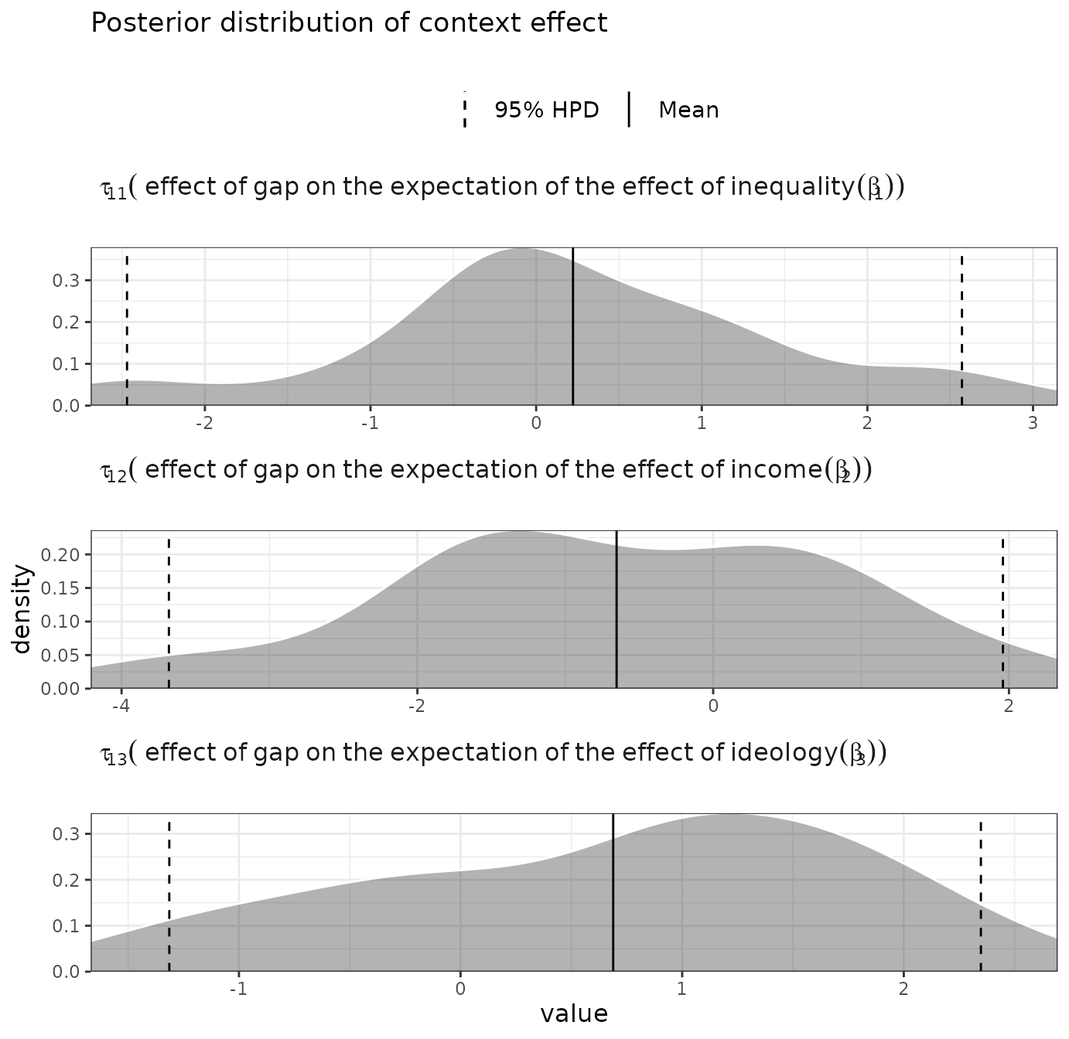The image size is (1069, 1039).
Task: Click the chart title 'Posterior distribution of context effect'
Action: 349,23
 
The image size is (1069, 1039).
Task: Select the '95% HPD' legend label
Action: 546,111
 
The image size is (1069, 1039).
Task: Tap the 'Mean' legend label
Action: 688,111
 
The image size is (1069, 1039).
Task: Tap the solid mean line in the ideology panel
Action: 613,892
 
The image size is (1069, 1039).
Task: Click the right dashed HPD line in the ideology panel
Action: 981,892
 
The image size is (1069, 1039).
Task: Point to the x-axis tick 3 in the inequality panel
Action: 1033,424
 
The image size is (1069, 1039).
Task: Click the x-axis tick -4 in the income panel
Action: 120,707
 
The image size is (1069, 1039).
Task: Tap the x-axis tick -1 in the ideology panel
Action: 238,990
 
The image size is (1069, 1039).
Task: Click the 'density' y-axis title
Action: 22,609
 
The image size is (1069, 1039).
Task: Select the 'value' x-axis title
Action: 574,1014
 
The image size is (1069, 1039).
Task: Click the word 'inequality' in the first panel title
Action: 792,187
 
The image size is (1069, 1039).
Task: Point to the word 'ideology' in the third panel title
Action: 783,753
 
